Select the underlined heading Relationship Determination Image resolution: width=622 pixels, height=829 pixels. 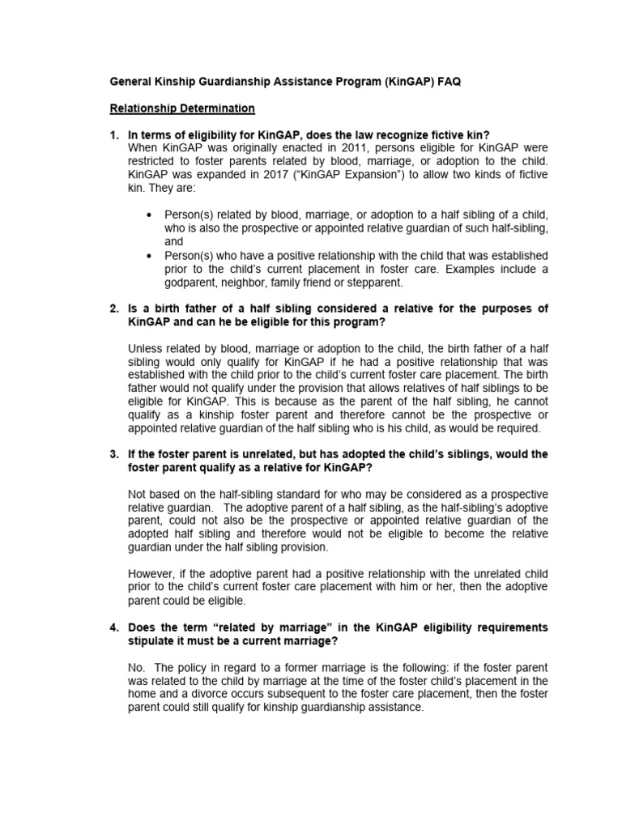click(182, 108)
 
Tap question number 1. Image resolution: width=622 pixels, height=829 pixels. click(114, 134)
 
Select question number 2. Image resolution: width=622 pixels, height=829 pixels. click(114, 308)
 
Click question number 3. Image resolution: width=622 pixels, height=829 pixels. click(114, 454)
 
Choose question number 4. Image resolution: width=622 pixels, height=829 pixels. click(114, 627)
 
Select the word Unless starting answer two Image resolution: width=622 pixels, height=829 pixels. click(146, 349)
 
